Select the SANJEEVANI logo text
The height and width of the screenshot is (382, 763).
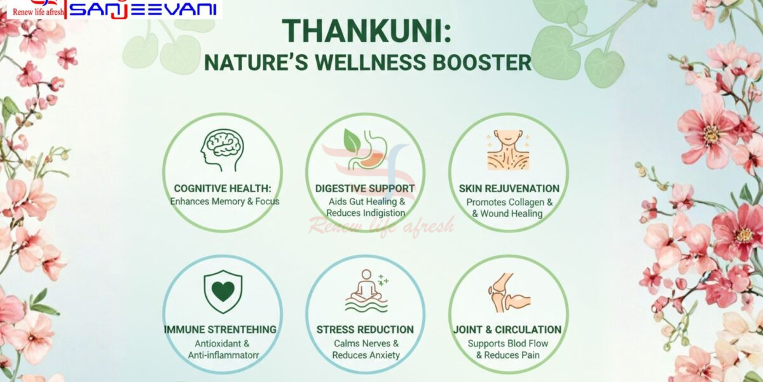(x=142, y=10)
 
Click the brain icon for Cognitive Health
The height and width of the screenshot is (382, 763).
(x=222, y=150)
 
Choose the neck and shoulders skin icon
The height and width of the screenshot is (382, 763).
(x=508, y=150)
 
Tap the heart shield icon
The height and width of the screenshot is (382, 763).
(x=223, y=292)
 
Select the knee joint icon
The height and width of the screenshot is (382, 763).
(x=509, y=293)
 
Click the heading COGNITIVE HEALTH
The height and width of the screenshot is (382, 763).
(x=223, y=188)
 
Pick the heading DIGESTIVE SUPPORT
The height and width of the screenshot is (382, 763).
(x=365, y=188)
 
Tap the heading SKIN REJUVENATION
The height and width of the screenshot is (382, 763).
(x=509, y=188)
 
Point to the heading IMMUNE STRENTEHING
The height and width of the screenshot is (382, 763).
(x=220, y=330)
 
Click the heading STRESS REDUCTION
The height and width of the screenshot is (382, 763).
(x=365, y=330)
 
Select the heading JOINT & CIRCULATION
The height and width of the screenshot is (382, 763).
(x=507, y=330)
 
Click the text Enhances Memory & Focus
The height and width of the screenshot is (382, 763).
(x=224, y=202)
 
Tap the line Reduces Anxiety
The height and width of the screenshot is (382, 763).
(x=366, y=355)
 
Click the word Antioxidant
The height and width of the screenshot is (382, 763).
(x=217, y=343)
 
